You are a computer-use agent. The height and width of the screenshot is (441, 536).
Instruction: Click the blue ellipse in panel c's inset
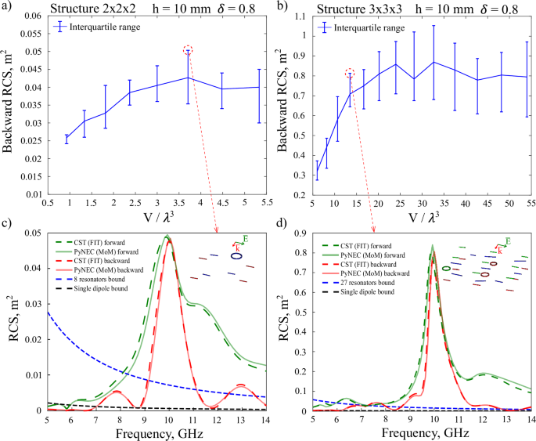pos(235,255)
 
